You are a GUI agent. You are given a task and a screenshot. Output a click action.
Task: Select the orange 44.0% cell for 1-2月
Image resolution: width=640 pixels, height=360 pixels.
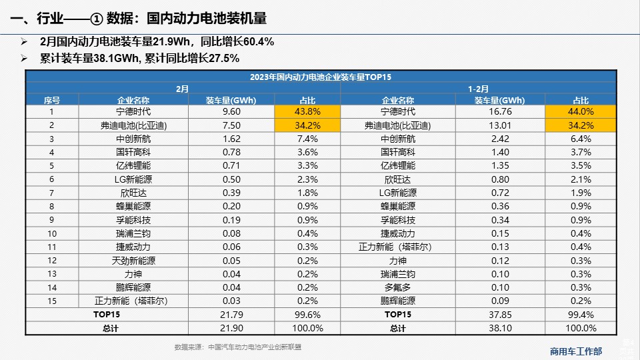580,111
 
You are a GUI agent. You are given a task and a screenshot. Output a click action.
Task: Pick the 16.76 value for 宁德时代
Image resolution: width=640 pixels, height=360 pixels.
500,111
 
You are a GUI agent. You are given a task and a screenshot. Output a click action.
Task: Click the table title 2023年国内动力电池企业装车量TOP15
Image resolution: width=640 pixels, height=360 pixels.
320,76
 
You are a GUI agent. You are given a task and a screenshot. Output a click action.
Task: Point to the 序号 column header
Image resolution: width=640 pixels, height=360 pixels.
52,100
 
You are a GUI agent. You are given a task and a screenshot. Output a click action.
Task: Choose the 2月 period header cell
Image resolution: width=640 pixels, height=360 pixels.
183,88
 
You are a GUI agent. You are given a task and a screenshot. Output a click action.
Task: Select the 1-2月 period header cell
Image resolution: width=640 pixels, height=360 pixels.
478,88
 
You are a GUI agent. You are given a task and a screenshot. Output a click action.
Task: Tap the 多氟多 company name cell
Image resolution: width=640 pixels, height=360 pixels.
398,287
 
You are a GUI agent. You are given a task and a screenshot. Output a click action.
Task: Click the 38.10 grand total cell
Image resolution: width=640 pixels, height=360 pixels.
500,328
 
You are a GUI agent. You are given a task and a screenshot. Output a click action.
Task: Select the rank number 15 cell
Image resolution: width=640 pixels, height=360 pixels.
52,301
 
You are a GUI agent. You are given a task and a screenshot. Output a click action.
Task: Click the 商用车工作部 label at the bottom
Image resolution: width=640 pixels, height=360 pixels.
576,351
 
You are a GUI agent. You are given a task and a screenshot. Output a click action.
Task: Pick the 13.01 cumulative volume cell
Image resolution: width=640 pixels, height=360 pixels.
500,125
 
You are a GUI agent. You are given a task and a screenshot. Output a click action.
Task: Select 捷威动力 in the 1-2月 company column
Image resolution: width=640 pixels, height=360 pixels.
398,233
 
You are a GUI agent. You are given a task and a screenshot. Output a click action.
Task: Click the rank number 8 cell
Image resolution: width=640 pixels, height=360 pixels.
52,206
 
